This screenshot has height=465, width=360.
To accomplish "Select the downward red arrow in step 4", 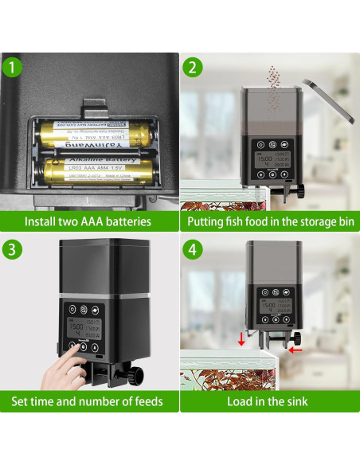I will coord(242,341).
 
